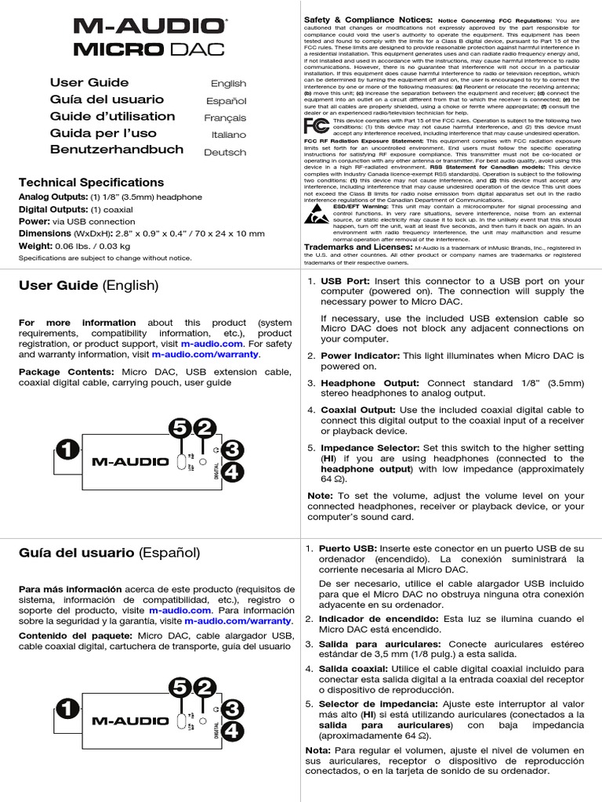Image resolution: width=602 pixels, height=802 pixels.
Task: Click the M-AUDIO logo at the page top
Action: click(x=150, y=27)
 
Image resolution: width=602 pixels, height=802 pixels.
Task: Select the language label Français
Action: click(x=226, y=117)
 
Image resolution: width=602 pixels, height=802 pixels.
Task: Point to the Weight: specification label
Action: click(x=36, y=246)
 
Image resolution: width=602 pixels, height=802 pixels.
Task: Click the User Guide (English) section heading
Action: click(x=89, y=286)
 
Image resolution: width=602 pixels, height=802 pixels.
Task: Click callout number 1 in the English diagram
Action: click(x=67, y=450)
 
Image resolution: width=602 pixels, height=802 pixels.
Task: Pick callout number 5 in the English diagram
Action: click(x=180, y=428)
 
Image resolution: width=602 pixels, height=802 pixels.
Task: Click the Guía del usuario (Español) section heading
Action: click(x=109, y=552)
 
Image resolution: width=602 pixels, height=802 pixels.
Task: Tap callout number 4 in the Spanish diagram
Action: click(x=234, y=732)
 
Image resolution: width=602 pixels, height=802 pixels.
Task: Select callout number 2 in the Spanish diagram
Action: click(x=205, y=688)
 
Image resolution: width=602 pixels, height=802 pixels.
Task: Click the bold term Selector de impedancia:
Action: click(x=369, y=704)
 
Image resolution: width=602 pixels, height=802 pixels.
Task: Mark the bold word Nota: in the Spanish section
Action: click(x=319, y=750)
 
